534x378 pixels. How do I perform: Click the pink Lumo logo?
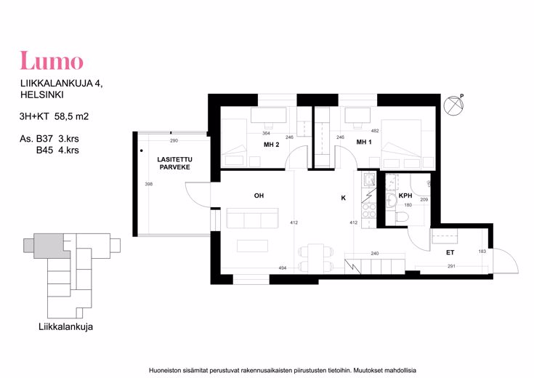(52, 60)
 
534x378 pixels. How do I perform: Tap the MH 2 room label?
(272, 145)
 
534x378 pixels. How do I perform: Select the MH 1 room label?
(364, 142)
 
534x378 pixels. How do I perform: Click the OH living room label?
(259, 196)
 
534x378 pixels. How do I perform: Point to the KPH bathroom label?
(405, 196)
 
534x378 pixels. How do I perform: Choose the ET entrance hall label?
(450, 252)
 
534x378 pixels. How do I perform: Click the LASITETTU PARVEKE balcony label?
(174, 164)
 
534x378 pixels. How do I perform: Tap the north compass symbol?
(454, 105)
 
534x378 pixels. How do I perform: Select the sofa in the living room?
(252, 218)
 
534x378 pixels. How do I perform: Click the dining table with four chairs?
(316, 258)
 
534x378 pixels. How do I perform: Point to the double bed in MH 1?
(402, 143)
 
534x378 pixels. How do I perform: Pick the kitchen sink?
(369, 180)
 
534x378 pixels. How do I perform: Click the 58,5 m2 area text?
(71, 116)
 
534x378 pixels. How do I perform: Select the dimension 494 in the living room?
(283, 268)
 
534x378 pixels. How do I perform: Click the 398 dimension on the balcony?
(149, 184)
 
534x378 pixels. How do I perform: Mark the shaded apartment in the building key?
(49, 246)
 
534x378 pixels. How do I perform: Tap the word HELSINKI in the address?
(42, 94)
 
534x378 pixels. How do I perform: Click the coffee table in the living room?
(252, 246)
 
